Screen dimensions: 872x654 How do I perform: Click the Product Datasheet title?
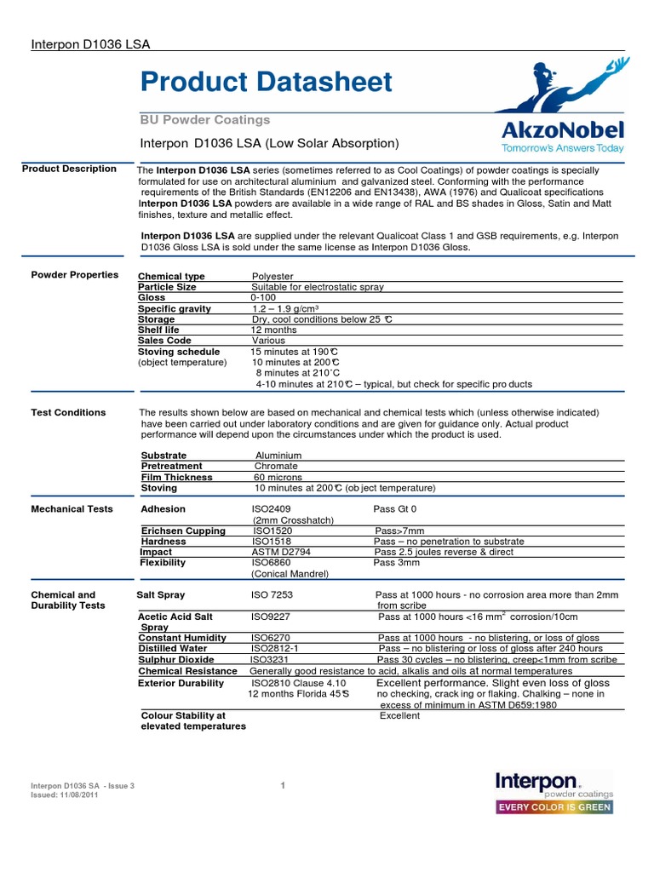(266, 82)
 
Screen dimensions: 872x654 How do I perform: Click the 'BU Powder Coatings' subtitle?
(204, 120)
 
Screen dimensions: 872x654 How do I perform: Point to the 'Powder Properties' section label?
(75, 275)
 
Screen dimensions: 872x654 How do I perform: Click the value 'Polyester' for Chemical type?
(272, 277)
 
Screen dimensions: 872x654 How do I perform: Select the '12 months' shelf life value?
(273, 330)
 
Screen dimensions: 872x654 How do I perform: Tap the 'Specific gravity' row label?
(175, 308)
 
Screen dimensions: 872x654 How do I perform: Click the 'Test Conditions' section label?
(68, 413)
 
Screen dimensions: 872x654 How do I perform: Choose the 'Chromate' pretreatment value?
(276, 466)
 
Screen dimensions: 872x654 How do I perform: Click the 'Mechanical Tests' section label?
(72, 509)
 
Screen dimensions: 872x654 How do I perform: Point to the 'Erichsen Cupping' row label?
(183, 531)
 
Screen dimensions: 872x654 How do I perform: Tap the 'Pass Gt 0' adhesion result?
(395, 509)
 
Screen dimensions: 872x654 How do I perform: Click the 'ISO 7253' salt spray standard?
(272, 594)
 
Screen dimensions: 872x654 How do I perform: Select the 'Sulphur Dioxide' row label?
(176, 659)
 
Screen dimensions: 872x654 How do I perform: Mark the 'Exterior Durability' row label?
(181, 683)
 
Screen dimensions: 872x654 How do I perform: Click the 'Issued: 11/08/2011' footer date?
(65, 794)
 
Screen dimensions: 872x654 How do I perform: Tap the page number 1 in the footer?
(282, 785)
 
